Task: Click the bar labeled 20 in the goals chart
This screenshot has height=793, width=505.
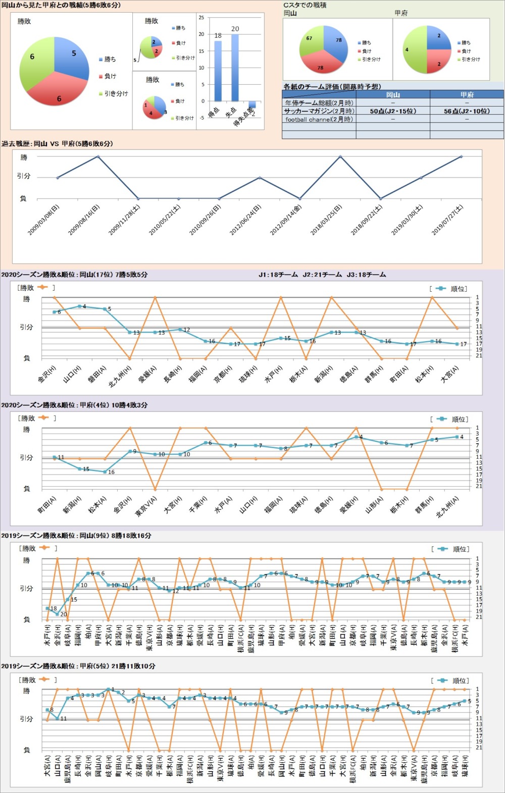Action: [x=235, y=68]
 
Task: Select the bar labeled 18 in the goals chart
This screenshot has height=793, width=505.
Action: [x=218, y=71]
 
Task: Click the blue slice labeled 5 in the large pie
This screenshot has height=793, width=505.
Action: [x=72, y=57]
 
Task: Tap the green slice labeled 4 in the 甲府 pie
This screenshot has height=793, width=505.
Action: [x=414, y=49]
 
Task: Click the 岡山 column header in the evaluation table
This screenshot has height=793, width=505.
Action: [x=393, y=94]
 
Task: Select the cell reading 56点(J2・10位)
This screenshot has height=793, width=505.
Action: [x=467, y=111]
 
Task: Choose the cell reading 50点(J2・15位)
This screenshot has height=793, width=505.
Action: [x=393, y=111]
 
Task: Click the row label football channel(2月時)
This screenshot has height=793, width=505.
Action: [x=319, y=120]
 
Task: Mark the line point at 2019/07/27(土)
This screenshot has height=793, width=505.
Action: [x=461, y=156]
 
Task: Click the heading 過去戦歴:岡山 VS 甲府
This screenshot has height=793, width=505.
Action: [x=57, y=144]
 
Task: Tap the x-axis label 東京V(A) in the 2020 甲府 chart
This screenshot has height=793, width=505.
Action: [x=145, y=506]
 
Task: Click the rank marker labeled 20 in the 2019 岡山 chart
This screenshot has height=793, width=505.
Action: [x=57, y=614]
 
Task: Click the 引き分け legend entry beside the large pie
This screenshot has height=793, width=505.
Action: [x=116, y=94]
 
